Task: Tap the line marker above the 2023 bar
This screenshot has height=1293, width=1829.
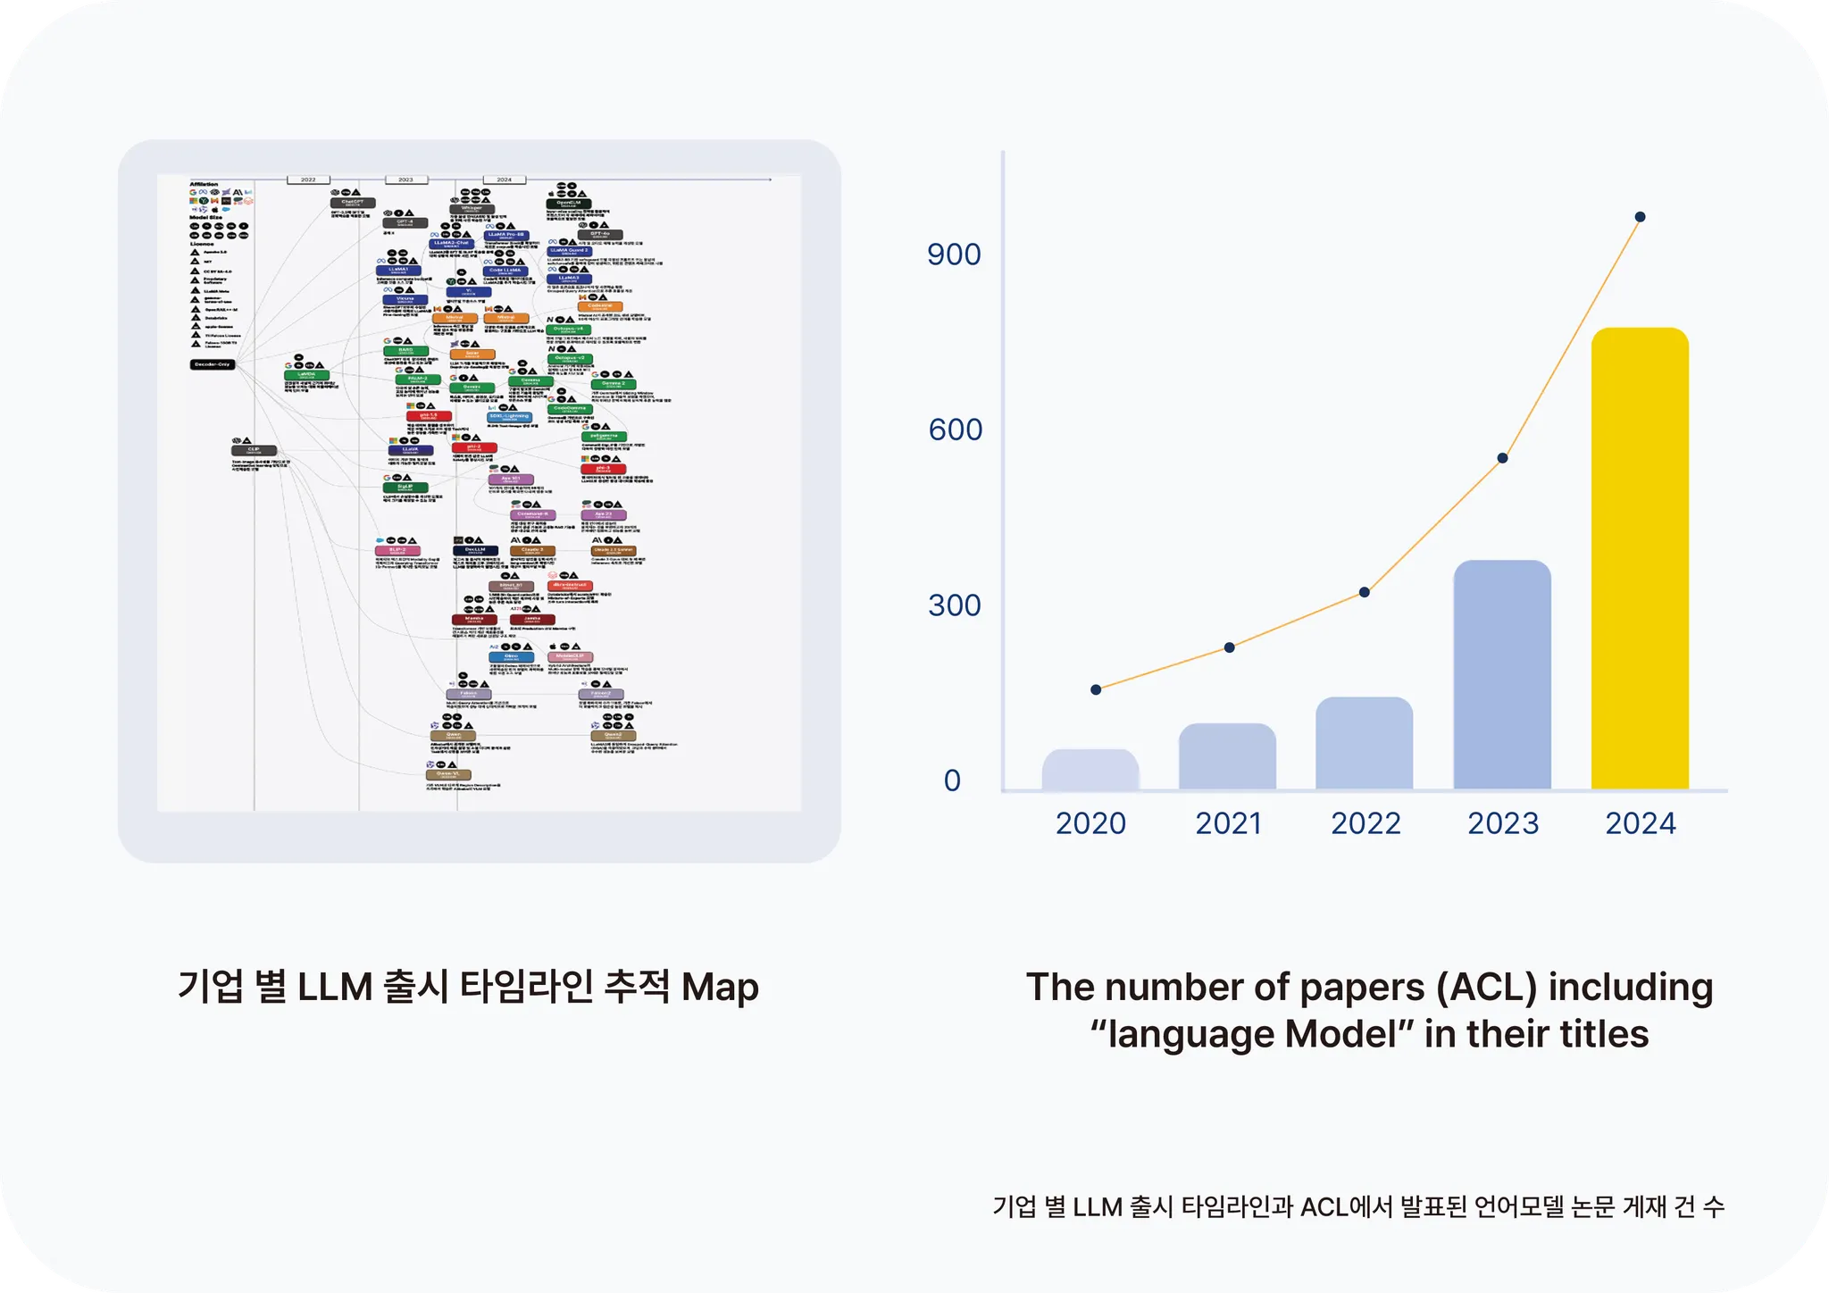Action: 1502,458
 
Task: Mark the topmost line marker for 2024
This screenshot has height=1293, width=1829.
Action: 1640,217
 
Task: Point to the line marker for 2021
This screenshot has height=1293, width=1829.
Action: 1229,647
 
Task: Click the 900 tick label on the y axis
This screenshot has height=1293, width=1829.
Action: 954,254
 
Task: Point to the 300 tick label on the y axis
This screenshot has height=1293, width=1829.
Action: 954,605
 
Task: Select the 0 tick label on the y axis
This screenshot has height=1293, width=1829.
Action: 952,780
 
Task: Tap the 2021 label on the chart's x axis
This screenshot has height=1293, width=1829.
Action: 1229,823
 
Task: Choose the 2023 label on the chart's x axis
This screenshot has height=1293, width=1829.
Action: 1503,823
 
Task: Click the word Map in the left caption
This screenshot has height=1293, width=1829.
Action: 720,988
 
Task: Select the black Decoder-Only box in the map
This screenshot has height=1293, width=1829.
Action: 213,364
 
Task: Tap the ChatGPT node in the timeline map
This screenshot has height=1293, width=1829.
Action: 352,204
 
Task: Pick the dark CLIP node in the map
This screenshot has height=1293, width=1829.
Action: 254,451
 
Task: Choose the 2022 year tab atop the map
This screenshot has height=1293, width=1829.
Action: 308,179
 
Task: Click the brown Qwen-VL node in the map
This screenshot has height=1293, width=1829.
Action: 448,775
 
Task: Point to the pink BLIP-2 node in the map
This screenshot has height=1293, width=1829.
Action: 398,551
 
